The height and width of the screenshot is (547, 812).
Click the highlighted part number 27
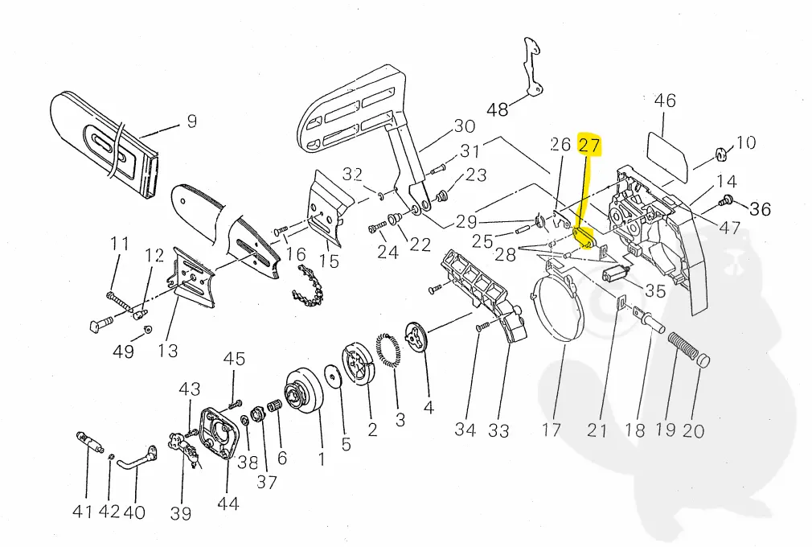click(589, 145)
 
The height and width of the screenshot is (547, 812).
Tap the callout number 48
click(498, 109)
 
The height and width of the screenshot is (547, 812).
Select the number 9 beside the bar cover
click(191, 122)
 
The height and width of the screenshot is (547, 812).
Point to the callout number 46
click(665, 101)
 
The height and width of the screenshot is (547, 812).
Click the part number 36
click(760, 209)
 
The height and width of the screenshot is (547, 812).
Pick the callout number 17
click(552, 430)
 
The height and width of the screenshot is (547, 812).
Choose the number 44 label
click(228, 504)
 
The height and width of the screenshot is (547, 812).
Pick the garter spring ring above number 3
click(388, 352)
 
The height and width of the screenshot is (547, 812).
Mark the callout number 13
click(168, 350)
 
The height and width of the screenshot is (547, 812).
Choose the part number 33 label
click(498, 430)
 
